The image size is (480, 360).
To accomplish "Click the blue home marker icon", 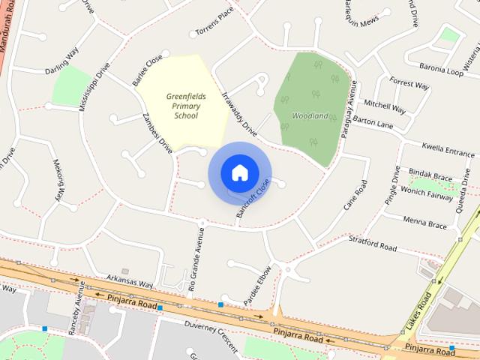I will tap(239, 172).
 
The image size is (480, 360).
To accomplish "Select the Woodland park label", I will tap(310, 116).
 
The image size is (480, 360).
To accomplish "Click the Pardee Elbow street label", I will tap(258, 285).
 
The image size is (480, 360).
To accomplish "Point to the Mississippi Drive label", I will tap(95, 86).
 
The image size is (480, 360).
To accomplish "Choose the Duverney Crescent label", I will tap(211, 336).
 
